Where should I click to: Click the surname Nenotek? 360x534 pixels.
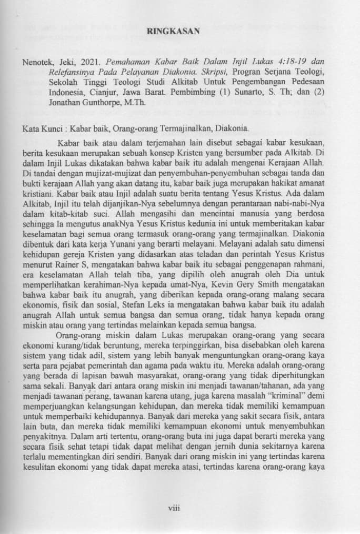[38, 61]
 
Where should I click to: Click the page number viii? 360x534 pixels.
[174, 507]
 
